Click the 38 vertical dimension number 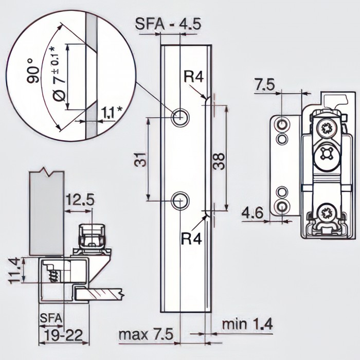click(x=220, y=162)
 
